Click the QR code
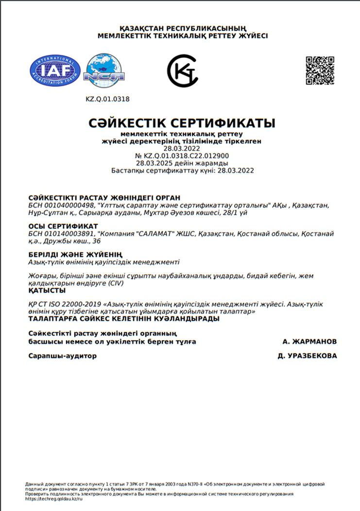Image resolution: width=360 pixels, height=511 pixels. tap(320, 71)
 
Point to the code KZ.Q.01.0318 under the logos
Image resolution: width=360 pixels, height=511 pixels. tap(107, 99)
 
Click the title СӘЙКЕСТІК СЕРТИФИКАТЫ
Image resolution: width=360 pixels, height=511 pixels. tap(182, 122)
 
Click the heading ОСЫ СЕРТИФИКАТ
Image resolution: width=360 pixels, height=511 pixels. tap(63, 226)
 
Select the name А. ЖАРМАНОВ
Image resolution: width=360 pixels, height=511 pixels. tap(309, 341)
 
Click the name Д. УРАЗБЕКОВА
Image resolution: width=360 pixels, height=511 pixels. tap(307, 356)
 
